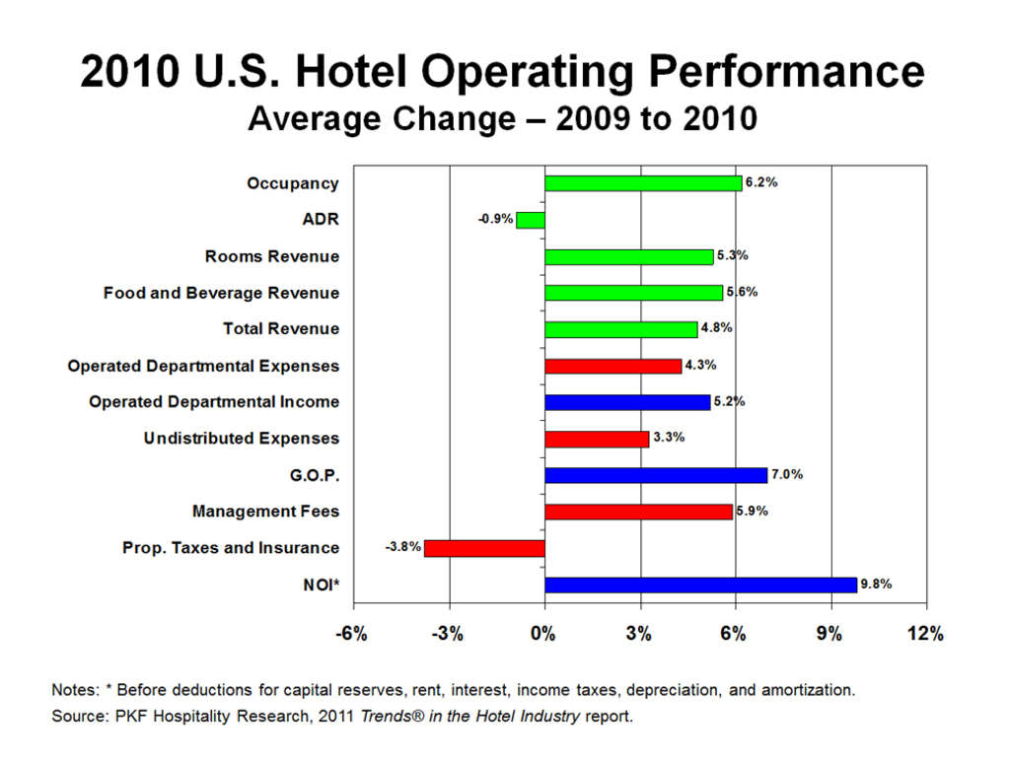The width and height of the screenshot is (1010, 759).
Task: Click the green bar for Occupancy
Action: click(642, 183)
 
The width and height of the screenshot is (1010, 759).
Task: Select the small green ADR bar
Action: click(530, 220)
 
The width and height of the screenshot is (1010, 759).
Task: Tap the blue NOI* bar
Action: click(700, 585)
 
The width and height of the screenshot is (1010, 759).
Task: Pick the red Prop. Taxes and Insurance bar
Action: click(484, 548)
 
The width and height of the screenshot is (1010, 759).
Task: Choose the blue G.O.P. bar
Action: click(656, 475)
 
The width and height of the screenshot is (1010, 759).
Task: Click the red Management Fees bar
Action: click(638, 512)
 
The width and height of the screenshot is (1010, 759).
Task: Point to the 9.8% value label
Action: click(876, 584)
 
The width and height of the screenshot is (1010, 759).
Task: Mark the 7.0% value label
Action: click(786, 474)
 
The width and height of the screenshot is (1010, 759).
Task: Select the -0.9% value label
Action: click(495, 219)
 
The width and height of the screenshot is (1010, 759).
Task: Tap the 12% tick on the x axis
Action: click(925, 634)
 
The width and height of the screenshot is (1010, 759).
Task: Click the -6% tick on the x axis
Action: click(352, 634)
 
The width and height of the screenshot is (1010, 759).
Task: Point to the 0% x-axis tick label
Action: click(544, 634)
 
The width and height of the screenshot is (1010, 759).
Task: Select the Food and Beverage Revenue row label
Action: click(221, 293)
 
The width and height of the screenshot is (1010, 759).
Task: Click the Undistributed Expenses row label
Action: click(241, 438)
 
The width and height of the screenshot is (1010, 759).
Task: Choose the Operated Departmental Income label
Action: click(214, 402)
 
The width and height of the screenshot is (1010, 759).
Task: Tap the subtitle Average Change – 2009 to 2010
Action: click(502, 119)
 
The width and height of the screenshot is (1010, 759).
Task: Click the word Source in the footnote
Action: click(76, 717)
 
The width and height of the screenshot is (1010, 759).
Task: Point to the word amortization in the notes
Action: click(807, 690)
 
